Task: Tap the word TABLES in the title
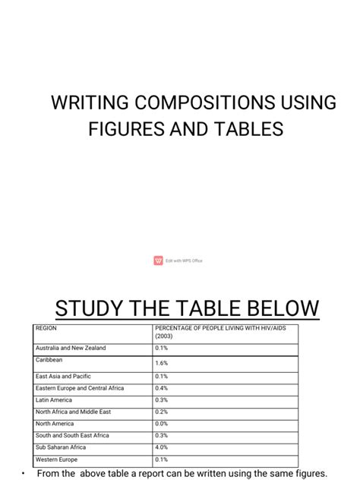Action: pyautogui.click(x=247, y=130)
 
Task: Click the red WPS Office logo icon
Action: pyautogui.click(x=158, y=261)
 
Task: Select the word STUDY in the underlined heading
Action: pyautogui.click(x=89, y=309)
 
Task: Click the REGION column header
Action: pyautogui.click(x=46, y=329)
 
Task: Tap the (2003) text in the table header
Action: pyautogui.click(x=164, y=336)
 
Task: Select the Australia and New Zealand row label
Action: pyautogui.click(x=71, y=349)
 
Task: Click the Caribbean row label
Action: pyautogui.click(x=49, y=360)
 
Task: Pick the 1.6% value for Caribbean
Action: pyautogui.click(x=161, y=364)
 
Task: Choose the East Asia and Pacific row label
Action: pyautogui.click(x=65, y=377)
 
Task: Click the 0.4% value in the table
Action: pyautogui.click(x=161, y=389)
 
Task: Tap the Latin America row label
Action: pyautogui.click(x=55, y=400)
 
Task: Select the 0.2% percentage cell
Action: pyautogui.click(x=161, y=412)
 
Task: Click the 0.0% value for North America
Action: pyautogui.click(x=161, y=424)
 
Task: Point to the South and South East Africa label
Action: pyautogui.click(x=72, y=436)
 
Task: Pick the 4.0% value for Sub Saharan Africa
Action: pyautogui.click(x=161, y=448)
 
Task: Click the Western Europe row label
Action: pyautogui.click(x=56, y=459)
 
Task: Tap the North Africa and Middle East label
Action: pyautogui.click(x=73, y=412)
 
